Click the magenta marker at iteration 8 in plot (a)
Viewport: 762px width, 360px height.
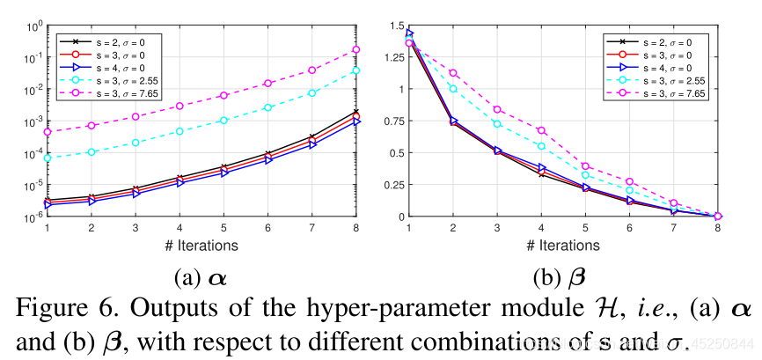coord(356,50)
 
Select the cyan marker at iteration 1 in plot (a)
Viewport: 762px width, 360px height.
coord(47,158)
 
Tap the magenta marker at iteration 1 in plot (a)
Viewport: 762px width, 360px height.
coord(47,132)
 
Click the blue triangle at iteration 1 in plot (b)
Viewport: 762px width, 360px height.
coord(409,34)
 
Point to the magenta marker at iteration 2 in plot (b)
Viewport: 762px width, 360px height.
coord(453,73)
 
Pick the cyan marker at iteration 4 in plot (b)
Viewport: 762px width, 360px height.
coord(542,146)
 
